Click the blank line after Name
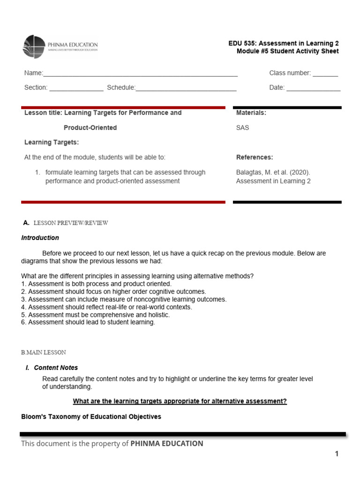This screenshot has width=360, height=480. [x=140, y=74]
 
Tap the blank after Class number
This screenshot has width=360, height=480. [x=325, y=74]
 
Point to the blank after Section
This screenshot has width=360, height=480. [x=76, y=89]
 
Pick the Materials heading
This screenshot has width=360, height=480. [x=251, y=113]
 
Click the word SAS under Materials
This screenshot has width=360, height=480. [x=243, y=127]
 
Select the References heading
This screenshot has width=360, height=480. [x=255, y=157]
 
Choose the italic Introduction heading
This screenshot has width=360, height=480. [x=40, y=238]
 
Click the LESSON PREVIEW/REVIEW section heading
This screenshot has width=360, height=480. [x=71, y=223]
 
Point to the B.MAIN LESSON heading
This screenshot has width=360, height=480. [x=44, y=352]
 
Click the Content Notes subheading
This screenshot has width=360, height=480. [x=56, y=368]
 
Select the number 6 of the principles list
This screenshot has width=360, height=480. [x=23, y=322]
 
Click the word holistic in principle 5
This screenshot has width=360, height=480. [x=157, y=315]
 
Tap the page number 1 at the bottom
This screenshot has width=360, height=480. [x=337, y=454]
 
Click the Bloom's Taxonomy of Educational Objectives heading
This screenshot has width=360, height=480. [x=91, y=417]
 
